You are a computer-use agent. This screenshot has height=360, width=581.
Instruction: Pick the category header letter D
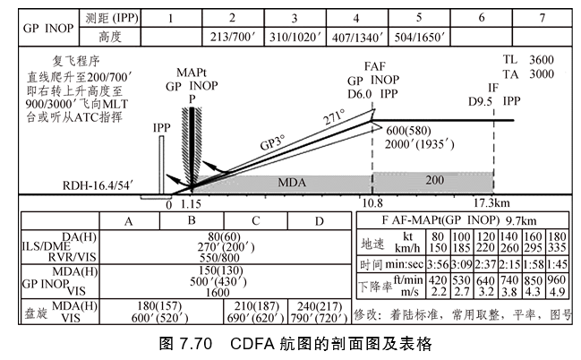(320, 221)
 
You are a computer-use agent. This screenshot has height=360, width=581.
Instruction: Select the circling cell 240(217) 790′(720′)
(321, 312)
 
